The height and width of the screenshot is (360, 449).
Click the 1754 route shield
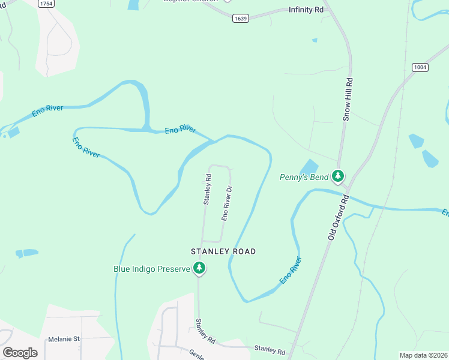click(45, 4)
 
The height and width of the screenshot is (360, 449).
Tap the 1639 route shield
click(241, 19)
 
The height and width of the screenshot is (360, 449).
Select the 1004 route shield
click(420, 67)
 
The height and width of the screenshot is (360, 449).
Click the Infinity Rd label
click(306, 10)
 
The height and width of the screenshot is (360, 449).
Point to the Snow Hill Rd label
click(346, 99)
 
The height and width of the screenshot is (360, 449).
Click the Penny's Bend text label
click(304, 177)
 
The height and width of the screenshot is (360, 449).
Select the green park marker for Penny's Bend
click(339, 176)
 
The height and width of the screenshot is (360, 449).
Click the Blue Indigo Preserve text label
click(152, 269)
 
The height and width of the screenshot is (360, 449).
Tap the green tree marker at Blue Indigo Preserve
click(199, 268)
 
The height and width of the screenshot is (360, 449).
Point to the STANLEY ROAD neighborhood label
click(223, 251)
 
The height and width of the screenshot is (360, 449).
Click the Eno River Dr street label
click(227, 203)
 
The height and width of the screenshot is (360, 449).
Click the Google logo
click(20, 353)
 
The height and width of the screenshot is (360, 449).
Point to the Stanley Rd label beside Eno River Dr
click(208, 190)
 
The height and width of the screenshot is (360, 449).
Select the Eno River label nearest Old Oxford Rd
click(291, 271)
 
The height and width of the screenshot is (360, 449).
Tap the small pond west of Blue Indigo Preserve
click(27, 253)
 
